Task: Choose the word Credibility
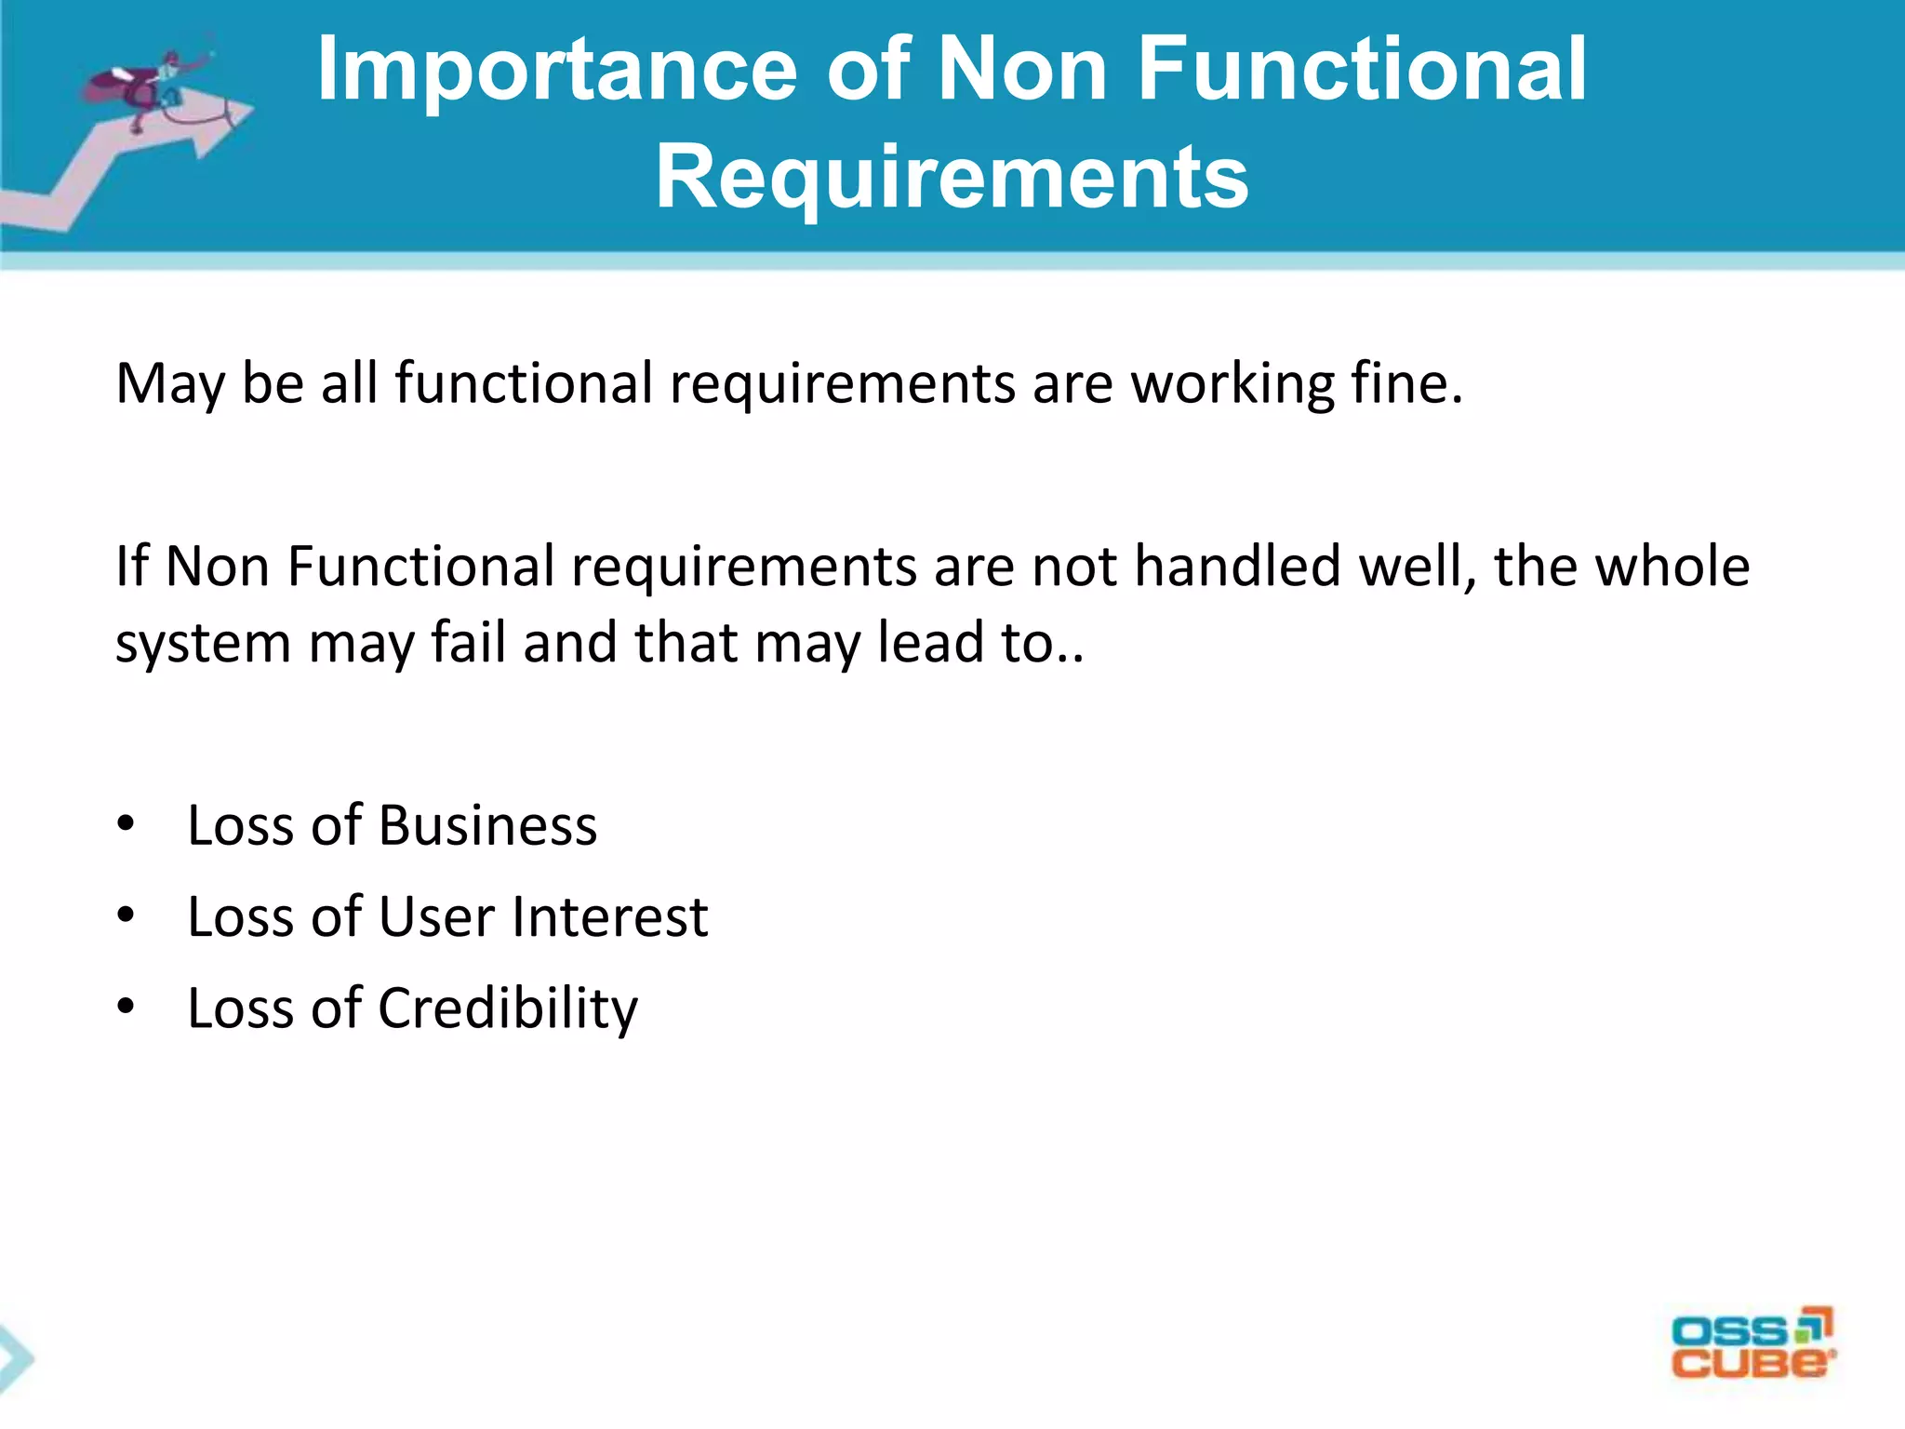click(508, 1008)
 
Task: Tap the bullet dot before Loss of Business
click(127, 824)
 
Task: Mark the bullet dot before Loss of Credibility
click(127, 1007)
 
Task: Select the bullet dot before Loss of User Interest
click(127, 915)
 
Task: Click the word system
click(203, 644)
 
